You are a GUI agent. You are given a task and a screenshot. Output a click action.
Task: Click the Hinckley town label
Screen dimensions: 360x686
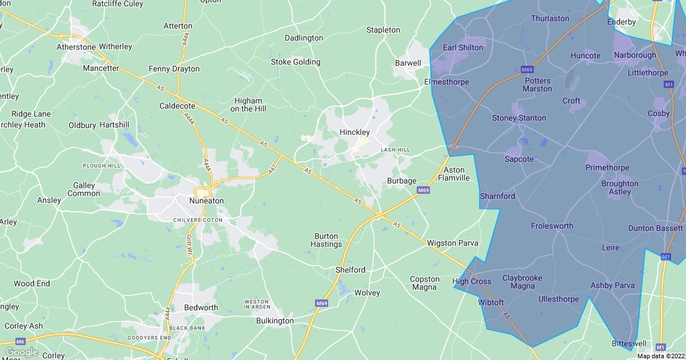(354, 132)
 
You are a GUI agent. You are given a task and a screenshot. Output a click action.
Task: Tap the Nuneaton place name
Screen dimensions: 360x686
(206, 201)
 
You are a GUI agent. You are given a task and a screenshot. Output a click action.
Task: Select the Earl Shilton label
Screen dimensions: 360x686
(463, 47)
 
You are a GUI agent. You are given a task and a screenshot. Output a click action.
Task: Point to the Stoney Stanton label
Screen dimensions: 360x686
(519, 118)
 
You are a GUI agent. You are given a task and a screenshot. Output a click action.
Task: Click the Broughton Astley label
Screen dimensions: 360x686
(620, 187)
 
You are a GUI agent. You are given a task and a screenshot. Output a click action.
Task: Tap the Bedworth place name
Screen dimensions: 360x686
(201, 307)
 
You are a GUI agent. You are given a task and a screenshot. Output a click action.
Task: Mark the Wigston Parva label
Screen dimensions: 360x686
(452, 243)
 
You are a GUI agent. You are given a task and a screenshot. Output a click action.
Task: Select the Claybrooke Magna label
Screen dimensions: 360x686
(522, 282)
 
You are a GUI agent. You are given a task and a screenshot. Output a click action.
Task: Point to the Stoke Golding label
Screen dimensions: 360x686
(296, 62)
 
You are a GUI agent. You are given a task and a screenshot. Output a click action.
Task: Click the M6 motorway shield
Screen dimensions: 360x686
(21, 341)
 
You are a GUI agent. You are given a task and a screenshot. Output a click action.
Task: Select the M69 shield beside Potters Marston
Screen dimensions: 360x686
(527, 70)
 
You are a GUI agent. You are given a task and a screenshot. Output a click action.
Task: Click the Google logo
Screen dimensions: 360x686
(21, 352)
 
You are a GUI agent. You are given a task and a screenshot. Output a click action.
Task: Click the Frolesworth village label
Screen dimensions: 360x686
(552, 226)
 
